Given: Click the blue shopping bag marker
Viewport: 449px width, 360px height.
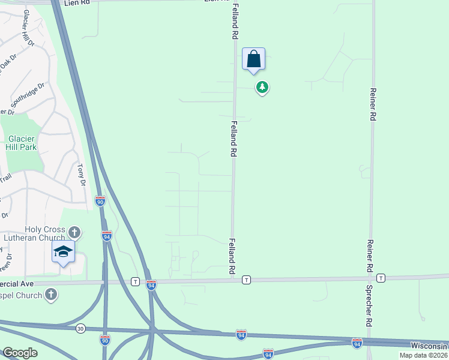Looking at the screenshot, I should pyautogui.click(x=254, y=59).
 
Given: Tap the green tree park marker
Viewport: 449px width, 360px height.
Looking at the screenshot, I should pyautogui.click(x=262, y=88).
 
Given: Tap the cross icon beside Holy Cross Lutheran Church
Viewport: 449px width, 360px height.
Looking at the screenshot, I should pyautogui.click(x=74, y=232).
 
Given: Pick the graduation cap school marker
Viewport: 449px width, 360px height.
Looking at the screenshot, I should pyautogui.click(x=63, y=252).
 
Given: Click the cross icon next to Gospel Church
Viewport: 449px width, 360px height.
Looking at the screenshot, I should pyautogui.click(x=52, y=295).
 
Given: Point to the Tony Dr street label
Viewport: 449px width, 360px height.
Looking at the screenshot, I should pyautogui.click(x=82, y=175).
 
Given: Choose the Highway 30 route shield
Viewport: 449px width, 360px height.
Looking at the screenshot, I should pyautogui.click(x=80, y=328).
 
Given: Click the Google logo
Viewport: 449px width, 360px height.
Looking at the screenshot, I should pyautogui.click(x=20, y=353).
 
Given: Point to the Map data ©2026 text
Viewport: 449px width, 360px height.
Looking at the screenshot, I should pyautogui.click(x=423, y=355).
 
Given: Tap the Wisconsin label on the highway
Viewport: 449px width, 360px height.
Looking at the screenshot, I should pyautogui.click(x=429, y=346).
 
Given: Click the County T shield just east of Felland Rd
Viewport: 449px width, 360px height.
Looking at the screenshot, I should pyautogui.click(x=246, y=280).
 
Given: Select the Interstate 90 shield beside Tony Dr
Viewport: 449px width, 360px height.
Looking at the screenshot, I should pyautogui.click(x=100, y=202).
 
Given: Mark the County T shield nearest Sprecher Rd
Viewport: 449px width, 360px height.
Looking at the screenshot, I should pyautogui.click(x=381, y=278).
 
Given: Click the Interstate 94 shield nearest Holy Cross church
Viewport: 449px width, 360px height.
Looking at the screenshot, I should pyautogui.click(x=106, y=236).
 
